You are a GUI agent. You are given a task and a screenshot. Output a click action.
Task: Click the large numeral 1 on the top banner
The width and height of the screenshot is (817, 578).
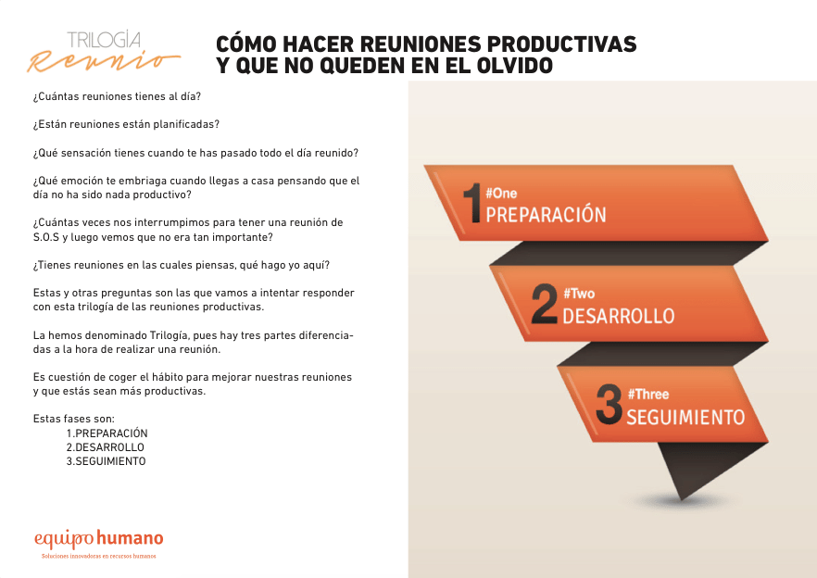[x=472, y=203]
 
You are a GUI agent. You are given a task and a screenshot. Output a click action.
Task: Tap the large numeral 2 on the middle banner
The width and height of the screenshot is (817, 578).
[x=545, y=304]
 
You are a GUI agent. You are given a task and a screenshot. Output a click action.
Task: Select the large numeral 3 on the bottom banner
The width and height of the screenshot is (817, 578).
[x=610, y=404]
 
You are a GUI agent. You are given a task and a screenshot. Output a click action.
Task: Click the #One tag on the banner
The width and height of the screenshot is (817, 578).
[x=501, y=194]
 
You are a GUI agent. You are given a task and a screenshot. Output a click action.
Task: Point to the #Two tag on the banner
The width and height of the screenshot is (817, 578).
[x=579, y=294]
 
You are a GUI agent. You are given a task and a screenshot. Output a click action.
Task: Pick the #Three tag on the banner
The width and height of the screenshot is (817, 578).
[x=648, y=394]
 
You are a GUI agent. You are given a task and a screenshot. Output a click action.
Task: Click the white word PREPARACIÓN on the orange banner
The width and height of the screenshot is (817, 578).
[x=547, y=214]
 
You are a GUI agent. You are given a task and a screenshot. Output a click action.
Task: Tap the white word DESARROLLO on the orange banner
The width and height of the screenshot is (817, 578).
[x=619, y=316]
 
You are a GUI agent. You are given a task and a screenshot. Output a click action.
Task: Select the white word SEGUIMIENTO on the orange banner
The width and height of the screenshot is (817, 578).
[x=685, y=417]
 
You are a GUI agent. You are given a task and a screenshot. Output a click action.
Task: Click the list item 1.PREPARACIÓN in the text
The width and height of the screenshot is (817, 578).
[x=107, y=433]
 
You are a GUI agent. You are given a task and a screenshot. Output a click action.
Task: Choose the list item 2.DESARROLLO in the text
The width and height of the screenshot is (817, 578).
[x=106, y=447]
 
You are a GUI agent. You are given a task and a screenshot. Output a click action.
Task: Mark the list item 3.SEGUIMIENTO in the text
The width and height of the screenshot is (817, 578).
[x=106, y=461]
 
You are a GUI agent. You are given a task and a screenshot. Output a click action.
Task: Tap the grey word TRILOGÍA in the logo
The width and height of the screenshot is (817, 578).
[x=104, y=40]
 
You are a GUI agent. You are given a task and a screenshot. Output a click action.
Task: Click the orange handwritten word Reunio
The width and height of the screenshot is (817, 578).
[x=104, y=61]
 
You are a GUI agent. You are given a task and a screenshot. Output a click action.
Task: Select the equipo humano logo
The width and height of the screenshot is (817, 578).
[x=99, y=539]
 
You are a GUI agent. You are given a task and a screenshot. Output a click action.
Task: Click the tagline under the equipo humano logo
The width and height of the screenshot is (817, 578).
[x=99, y=556]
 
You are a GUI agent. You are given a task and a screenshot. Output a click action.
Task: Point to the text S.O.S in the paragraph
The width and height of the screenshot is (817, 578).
[x=46, y=237]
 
